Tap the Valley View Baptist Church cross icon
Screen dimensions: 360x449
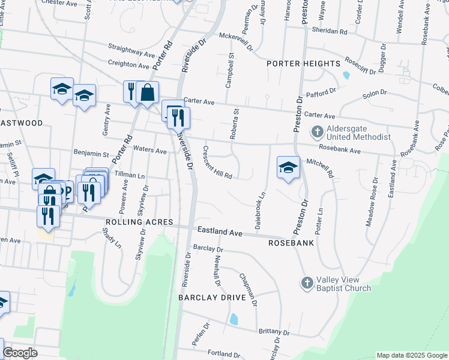click(307, 282)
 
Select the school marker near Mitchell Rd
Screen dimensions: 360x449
click(288, 168)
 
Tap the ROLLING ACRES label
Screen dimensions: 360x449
click(139, 222)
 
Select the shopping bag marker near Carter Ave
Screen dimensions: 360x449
click(147, 92)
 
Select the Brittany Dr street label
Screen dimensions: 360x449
click(274, 331)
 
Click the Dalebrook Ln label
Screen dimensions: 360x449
click(260, 212)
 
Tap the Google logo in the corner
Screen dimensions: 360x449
click(20, 353)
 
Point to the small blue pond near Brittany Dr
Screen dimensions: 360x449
click(234, 319)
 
